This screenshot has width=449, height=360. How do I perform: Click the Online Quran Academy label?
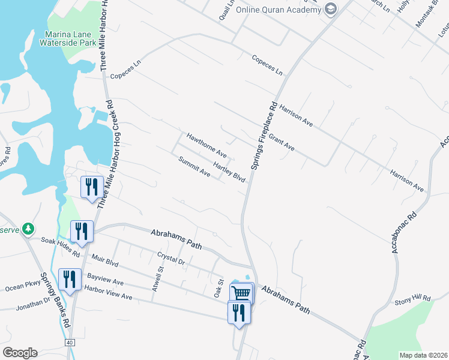[x=278, y=10]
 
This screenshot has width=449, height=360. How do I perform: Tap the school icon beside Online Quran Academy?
[x=330, y=9]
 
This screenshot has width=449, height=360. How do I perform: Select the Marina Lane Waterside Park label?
[x=68, y=38]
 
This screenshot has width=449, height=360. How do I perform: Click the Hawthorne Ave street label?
[x=206, y=145]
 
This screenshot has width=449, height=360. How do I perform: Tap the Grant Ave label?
[x=281, y=142]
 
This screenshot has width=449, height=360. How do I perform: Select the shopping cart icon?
[x=241, y=293]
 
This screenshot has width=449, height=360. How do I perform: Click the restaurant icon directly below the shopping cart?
[x=238, y=312]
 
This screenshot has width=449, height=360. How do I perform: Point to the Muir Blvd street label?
[x=106, y=259]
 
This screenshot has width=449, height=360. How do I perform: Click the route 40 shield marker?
[x=70, y=342]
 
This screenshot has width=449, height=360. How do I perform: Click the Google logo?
[x=20, y=352]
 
